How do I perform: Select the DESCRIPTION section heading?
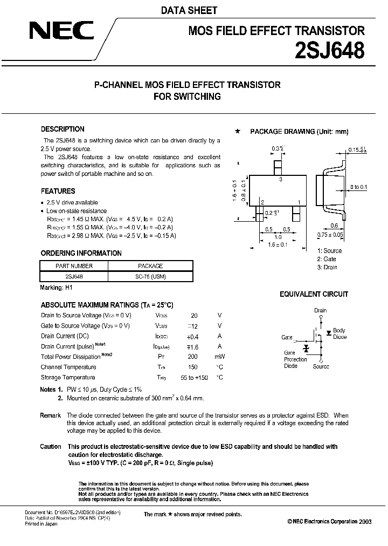pos(63,129)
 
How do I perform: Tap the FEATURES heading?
pos(58,191)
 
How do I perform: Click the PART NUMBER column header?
pos(74,266)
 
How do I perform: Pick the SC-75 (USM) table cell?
pos(150,276)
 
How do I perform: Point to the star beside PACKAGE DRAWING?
pos(238,131)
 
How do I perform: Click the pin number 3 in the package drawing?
pos(281,180)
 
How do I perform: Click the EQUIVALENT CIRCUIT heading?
pos(314,295)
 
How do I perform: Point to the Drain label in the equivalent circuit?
pos(321,310)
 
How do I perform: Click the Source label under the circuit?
pos(321,366)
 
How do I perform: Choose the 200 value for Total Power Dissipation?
pos(192,357)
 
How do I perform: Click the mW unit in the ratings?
pos(220,357)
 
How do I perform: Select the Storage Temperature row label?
pos(68,378)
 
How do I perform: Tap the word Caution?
pos(51,447)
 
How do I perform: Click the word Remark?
pos(51,415)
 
